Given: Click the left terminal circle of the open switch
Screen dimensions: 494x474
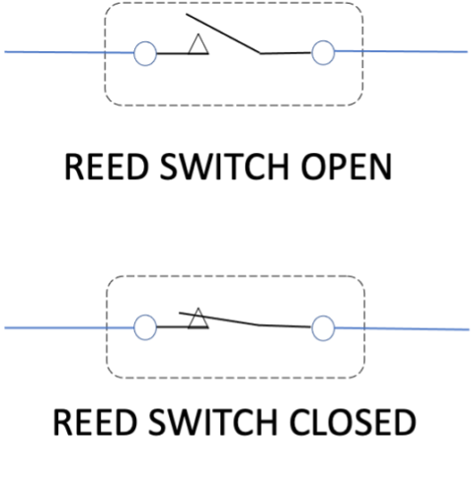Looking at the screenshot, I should (x=144, y=52).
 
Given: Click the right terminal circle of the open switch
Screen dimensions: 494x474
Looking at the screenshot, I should (x=323, y=52).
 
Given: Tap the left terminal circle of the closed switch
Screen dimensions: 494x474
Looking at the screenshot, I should (x=145, y=325).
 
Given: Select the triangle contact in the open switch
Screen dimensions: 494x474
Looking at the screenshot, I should (x=197, y=44).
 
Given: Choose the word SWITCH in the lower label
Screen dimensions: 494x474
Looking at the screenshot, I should (x=206, y=424).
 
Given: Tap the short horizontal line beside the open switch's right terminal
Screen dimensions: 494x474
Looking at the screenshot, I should (x=286, y=52).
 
